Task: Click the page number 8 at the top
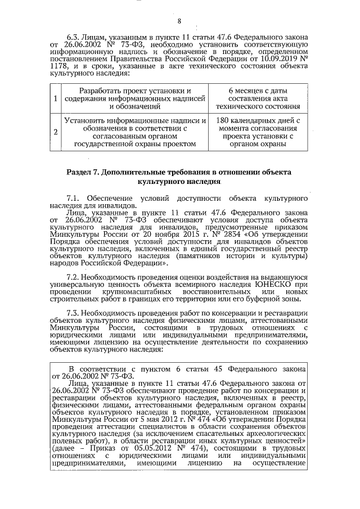tap(179, 22)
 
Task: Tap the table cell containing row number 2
tap(55, 132)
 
